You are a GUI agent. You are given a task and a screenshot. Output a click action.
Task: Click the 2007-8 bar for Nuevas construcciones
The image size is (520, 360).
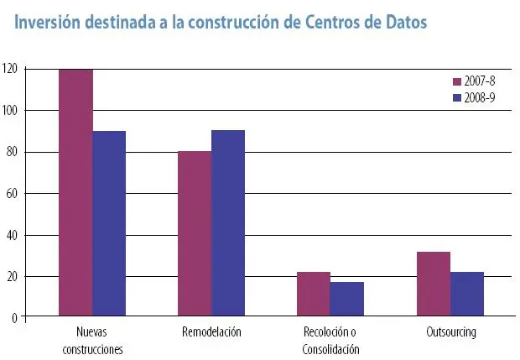tap(75, 193)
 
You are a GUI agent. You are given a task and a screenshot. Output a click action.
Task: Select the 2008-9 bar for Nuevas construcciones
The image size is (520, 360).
tap(109, 224)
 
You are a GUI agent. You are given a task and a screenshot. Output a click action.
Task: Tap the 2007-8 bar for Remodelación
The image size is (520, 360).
tap(195, 234)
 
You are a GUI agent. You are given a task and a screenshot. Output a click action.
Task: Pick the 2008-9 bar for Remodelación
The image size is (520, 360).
tap(228, 224)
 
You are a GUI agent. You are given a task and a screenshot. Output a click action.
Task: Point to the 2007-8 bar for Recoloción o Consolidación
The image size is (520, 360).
tap(314, 295)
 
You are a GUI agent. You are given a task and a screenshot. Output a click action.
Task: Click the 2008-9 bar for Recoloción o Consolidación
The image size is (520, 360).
tap(347, 300)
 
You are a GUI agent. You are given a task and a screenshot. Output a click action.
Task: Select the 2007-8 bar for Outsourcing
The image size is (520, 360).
tap(434, 284)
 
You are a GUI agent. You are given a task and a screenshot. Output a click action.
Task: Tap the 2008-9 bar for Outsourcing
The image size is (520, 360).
tap(467, 295)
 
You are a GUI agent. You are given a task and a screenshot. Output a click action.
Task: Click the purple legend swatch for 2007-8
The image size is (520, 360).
tap(458, 82)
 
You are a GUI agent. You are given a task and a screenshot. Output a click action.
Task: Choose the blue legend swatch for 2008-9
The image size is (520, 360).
tap(458, 97)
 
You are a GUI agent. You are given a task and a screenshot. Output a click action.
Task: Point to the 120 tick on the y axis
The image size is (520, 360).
tap(11, 69)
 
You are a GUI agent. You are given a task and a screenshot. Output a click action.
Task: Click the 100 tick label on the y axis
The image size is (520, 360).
tap(11, 111)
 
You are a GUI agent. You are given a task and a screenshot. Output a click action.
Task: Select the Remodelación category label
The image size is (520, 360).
tap(211, 332)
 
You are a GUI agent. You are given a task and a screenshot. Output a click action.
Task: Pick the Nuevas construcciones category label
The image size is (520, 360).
tap(92, 340)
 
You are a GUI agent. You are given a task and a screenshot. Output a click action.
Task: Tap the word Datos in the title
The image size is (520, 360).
tap(402, 23)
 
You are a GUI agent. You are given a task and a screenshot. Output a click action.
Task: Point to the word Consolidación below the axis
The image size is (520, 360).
tap(330, 349)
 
